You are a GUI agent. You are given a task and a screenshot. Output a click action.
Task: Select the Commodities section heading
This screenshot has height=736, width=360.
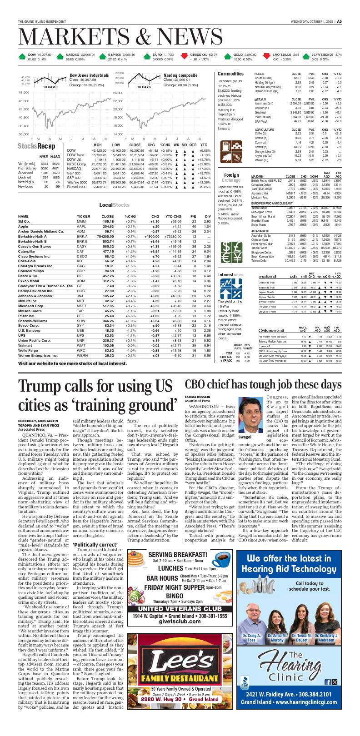tap(230, 74)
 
